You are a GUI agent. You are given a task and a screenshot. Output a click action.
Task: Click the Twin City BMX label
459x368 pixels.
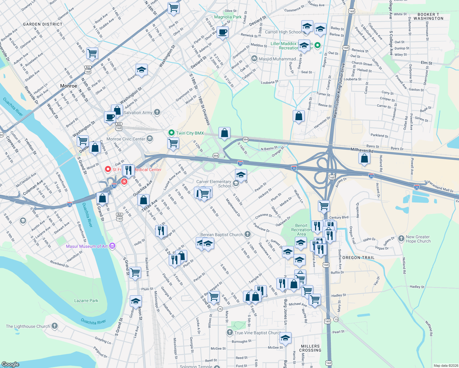(x=190, y=133)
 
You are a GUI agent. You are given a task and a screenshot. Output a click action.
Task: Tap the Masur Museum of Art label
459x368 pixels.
(x=87, y=246)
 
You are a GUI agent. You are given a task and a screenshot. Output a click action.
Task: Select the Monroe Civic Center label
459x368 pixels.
(x=126, y=139)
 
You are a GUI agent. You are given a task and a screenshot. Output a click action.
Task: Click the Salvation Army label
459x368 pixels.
(x=138, y=113)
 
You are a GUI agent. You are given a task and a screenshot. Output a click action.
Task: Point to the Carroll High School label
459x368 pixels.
(x=283, y=32)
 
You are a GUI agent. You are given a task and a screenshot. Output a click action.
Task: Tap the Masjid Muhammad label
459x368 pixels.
(x=277, y=59)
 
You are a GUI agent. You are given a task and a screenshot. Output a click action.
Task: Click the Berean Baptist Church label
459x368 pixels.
(x=221, y=235)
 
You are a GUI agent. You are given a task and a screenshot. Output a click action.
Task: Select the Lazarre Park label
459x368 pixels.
(x=86, y=301)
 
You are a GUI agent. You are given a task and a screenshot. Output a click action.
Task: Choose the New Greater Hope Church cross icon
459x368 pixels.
(x=401, y=239)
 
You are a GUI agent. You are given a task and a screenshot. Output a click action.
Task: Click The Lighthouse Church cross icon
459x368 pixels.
(x=55, y=326)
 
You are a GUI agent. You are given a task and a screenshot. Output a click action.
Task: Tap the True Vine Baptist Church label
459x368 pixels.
(x=257, y=333)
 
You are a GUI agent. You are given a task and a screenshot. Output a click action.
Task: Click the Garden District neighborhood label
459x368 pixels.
(x=43, y=24)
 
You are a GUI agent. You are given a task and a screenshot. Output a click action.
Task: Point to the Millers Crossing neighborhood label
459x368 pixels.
(x=310, y=348)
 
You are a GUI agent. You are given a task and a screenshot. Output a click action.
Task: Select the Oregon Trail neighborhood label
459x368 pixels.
(x=358, y=258)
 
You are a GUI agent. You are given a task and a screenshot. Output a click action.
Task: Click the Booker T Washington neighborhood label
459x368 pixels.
(x=428, y=17)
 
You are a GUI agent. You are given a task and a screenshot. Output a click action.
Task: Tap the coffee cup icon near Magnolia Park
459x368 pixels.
(x=223, y=32)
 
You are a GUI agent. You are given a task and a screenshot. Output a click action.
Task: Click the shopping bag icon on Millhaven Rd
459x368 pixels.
(x=364, y=158)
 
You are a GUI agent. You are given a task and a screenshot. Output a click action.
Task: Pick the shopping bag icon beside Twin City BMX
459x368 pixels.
(x=224, y=133)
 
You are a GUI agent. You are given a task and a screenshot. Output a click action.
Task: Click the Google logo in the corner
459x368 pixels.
(x=10, y=364)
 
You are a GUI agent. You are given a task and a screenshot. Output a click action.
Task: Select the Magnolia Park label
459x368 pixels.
(x=228, y=17)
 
